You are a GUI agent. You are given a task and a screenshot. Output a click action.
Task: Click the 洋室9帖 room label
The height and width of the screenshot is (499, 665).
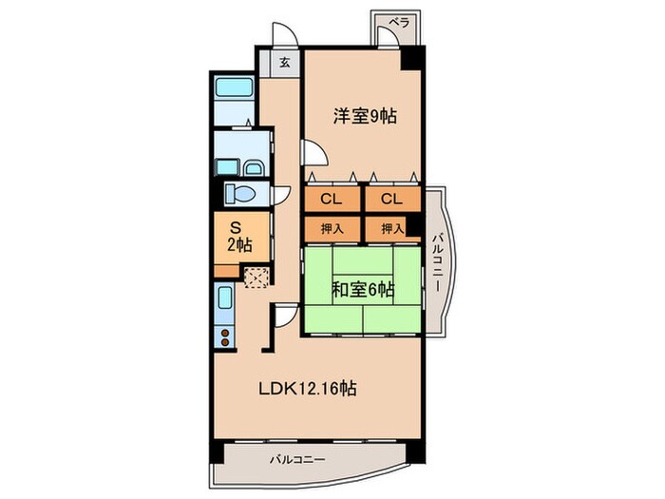click(365, 116)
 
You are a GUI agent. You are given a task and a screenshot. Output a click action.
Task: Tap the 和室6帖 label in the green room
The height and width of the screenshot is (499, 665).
click(363, 290)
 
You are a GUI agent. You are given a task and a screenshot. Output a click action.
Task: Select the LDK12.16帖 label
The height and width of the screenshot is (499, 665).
click(308, 388)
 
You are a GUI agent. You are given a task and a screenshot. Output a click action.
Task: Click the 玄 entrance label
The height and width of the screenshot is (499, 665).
click(285, 64)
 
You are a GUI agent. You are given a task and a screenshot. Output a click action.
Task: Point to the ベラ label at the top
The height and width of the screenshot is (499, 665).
click(400, 23)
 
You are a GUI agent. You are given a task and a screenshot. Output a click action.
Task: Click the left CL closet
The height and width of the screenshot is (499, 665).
click(332, 199)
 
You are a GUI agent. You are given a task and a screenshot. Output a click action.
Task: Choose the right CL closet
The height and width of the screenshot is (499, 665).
click(392, 199)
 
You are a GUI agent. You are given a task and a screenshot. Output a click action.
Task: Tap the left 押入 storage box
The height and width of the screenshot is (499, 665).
click(332, 230)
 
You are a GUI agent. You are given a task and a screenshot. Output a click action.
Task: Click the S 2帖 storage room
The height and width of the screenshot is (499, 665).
click(241, 237)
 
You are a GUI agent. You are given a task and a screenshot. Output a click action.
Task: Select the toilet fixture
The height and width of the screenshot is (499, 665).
click(239, 194)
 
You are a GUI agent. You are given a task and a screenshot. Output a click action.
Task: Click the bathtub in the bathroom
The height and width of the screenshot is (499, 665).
click(235, 87)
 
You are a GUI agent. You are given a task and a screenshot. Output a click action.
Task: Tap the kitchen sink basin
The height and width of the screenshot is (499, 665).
click(224, 299)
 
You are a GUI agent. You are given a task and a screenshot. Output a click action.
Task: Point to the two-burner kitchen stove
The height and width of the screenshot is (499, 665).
click(225, 336)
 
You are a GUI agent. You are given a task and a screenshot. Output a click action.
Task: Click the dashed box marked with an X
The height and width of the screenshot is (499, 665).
click(256, 278)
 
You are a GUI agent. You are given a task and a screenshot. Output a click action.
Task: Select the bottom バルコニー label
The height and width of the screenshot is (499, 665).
click(297, 459)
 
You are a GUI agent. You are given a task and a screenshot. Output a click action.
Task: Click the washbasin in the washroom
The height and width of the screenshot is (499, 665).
click(254, 168)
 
